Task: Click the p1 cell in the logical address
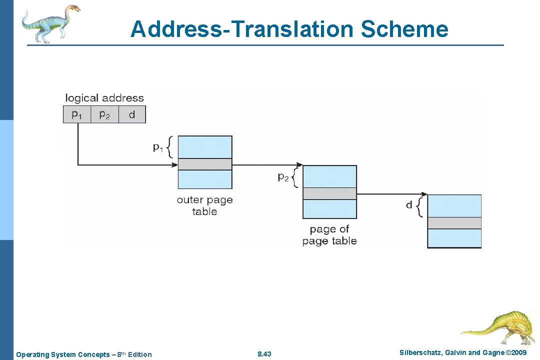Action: tap(76, 114)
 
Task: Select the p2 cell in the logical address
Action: tap(104, 114)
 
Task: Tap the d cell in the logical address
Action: tap(132, 114)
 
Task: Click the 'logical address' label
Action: tap(104, 98)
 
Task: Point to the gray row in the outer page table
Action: tap(205, 164)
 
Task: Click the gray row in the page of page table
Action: tap(330, 193)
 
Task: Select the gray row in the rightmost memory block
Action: tap(454, 222)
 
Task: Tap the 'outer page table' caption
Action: tap(204, 205)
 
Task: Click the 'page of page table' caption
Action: tap(329, 235)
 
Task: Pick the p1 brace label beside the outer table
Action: tap(158, 147)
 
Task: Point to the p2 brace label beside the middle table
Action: tap(283, 176)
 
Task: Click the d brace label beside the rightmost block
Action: tap(409, 205)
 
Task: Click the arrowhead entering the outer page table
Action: tap(175, 164)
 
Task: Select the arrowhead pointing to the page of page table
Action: tap(299, 164)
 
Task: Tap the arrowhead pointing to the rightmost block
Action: tap(424, 194)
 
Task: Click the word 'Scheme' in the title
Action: tap(404, 29)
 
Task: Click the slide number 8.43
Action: tap(264, 354)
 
